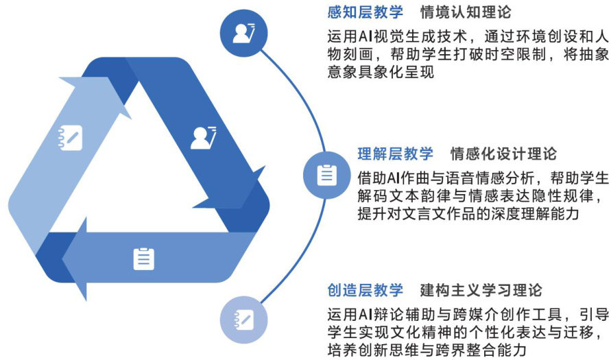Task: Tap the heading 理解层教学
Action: click(x=395, y=153)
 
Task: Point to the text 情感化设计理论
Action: click(x=503, y=153)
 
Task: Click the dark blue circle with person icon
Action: click(x=244, y=32)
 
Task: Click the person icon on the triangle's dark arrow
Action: click(x=204, y=136)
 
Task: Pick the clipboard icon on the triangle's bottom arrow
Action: click(x=143, y=258)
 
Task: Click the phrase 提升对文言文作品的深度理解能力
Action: click(x=468, y=214)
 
